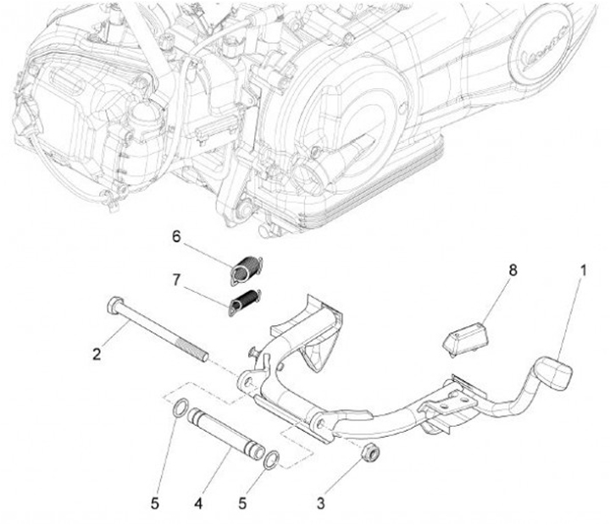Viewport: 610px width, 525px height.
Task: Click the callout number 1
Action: coord(583,270)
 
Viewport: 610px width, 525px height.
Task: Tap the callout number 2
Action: coord(97,354)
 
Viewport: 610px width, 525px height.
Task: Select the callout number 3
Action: coord(320,504)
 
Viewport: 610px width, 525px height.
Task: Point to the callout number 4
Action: coord(198,504)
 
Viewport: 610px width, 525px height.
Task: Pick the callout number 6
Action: coord(176,236)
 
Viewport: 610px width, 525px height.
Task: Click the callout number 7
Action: coord(176,279)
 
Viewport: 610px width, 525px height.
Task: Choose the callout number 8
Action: coord(513,270)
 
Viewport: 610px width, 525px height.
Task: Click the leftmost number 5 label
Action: coord(155,504)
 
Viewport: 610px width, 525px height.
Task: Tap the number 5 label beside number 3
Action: coord(242,504)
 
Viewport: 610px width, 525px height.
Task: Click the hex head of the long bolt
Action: coord(114,306)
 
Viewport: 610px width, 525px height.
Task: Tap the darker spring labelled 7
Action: coord(245,302)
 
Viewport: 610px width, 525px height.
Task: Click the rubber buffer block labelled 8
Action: coord(465,339)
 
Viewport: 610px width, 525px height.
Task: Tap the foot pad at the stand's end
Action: coord(557,373)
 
